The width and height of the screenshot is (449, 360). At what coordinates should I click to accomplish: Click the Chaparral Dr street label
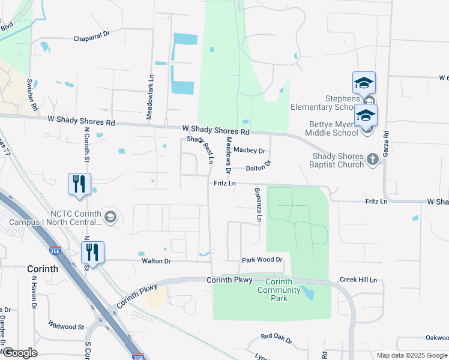point(92,37)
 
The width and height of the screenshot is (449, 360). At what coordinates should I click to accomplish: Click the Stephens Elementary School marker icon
point(364,83)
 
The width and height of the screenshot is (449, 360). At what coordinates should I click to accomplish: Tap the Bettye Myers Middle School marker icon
point(366,116)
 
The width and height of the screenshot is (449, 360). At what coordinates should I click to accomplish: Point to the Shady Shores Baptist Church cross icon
point(373,160)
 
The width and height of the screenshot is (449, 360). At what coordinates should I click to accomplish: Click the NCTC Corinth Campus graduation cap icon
point(110,216)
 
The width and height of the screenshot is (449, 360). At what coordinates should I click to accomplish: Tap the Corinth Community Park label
point(279,290)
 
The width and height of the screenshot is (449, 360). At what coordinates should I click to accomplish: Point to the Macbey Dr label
point(250,150)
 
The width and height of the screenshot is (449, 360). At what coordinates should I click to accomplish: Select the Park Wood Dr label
point(262,260)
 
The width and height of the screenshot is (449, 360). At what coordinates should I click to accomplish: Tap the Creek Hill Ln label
point(358,280)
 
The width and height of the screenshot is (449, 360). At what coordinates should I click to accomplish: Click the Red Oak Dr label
point(276,340)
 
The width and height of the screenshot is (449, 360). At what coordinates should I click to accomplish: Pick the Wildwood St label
point(67,326)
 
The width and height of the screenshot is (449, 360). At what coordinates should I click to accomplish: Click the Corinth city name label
point(43,269)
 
